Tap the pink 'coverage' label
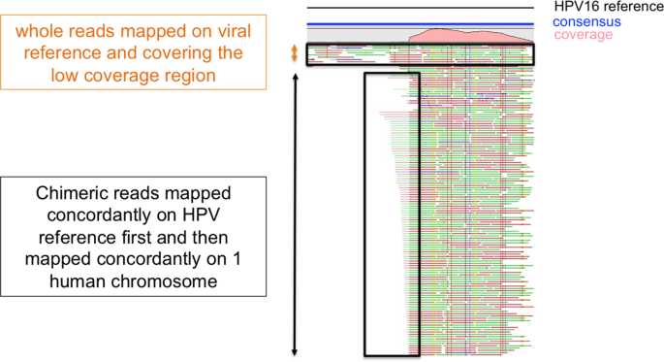[584, 35]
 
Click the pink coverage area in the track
[470, 38]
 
